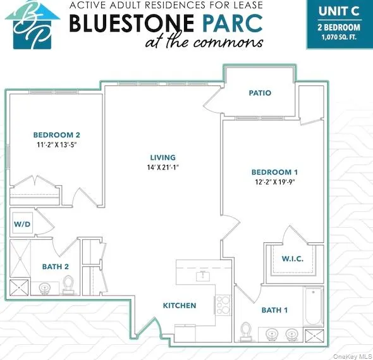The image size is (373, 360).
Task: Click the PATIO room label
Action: pos(260,93)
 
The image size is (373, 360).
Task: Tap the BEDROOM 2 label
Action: pos(57,135)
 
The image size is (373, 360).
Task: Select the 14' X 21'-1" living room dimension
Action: pos(162,168)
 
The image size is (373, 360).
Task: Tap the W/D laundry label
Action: pos(21,225)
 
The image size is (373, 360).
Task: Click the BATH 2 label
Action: pos(56,266)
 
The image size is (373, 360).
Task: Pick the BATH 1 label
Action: pos(274,310)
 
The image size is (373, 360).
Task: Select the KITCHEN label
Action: pos(180,306)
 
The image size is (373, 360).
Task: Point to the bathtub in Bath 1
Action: pos(313,309)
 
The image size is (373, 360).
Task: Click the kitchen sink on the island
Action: pos(203,276)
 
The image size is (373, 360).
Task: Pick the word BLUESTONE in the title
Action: pos(131,23)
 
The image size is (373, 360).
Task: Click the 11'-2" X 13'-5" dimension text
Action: pos(57,145)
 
